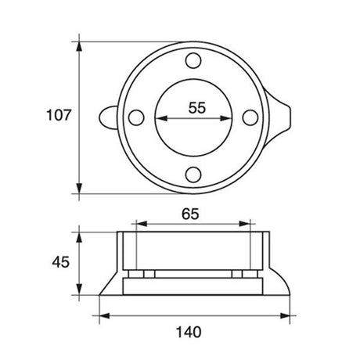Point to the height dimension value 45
point(59,261)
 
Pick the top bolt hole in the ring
point(193,59)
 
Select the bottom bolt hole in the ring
point(193,174)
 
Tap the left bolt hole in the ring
point(135,117)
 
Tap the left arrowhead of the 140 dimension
point(103,315)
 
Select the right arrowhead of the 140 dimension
point(291,315)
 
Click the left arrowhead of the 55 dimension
point(160,119)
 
